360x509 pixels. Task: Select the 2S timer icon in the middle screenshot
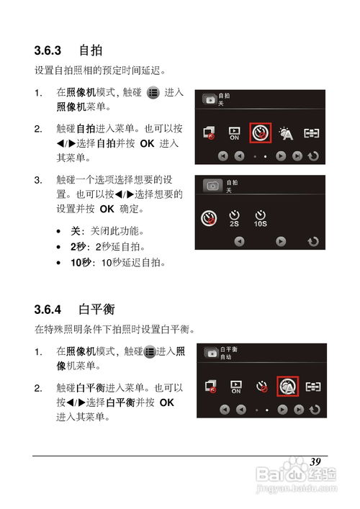(x=234, y=218)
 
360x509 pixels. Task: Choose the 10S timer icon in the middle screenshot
(x=260, y=218)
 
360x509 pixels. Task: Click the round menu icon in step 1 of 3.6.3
(x=153, y=93)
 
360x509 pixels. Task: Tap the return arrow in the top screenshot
(x=313, y=156)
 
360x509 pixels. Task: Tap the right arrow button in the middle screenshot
(x=282, y=243)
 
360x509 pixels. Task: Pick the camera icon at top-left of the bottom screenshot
(x=210, y=353)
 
